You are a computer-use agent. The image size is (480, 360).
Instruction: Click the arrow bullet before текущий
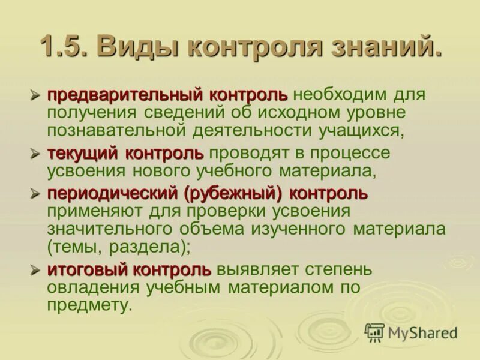point(36,154)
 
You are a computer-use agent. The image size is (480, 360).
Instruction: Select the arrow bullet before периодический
point(36,194)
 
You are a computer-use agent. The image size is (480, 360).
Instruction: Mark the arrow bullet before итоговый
point(36,270)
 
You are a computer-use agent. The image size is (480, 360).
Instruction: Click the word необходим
point(339,95)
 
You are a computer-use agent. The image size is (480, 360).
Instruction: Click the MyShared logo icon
point(375,332)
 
